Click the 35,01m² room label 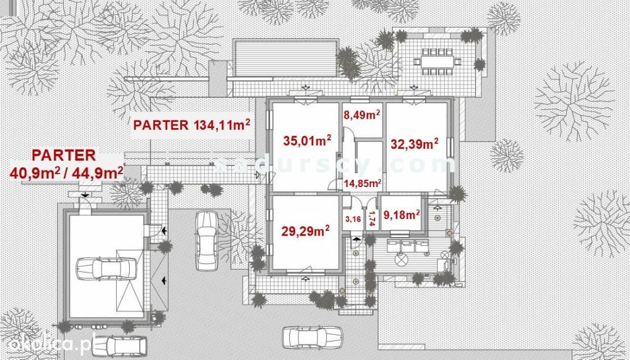coord(307,140)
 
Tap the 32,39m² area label coord(414,143)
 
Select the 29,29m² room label coord(305,231)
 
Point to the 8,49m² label coord(362,115)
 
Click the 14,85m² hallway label coord(362,183)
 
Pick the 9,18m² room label coord(402,215)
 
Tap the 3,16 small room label coord(353,219)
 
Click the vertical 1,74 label coord(372,218)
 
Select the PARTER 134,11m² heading coord(192,124)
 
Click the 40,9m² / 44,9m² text coord(66,173)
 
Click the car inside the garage coord(106,268)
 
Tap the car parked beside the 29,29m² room coord(207,240)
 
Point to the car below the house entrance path coord(312,337)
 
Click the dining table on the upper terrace coord(437,62)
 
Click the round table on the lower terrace coord(401,260)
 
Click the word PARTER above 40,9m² coord(64,155)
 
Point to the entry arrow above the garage coord(85,195)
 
